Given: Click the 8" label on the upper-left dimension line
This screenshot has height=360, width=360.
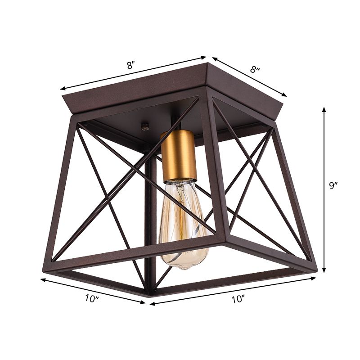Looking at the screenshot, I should pyautogui.click(x=130, y=65).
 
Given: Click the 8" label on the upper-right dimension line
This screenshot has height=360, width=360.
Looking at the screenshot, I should pyautogui.click(x=255, y=70).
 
